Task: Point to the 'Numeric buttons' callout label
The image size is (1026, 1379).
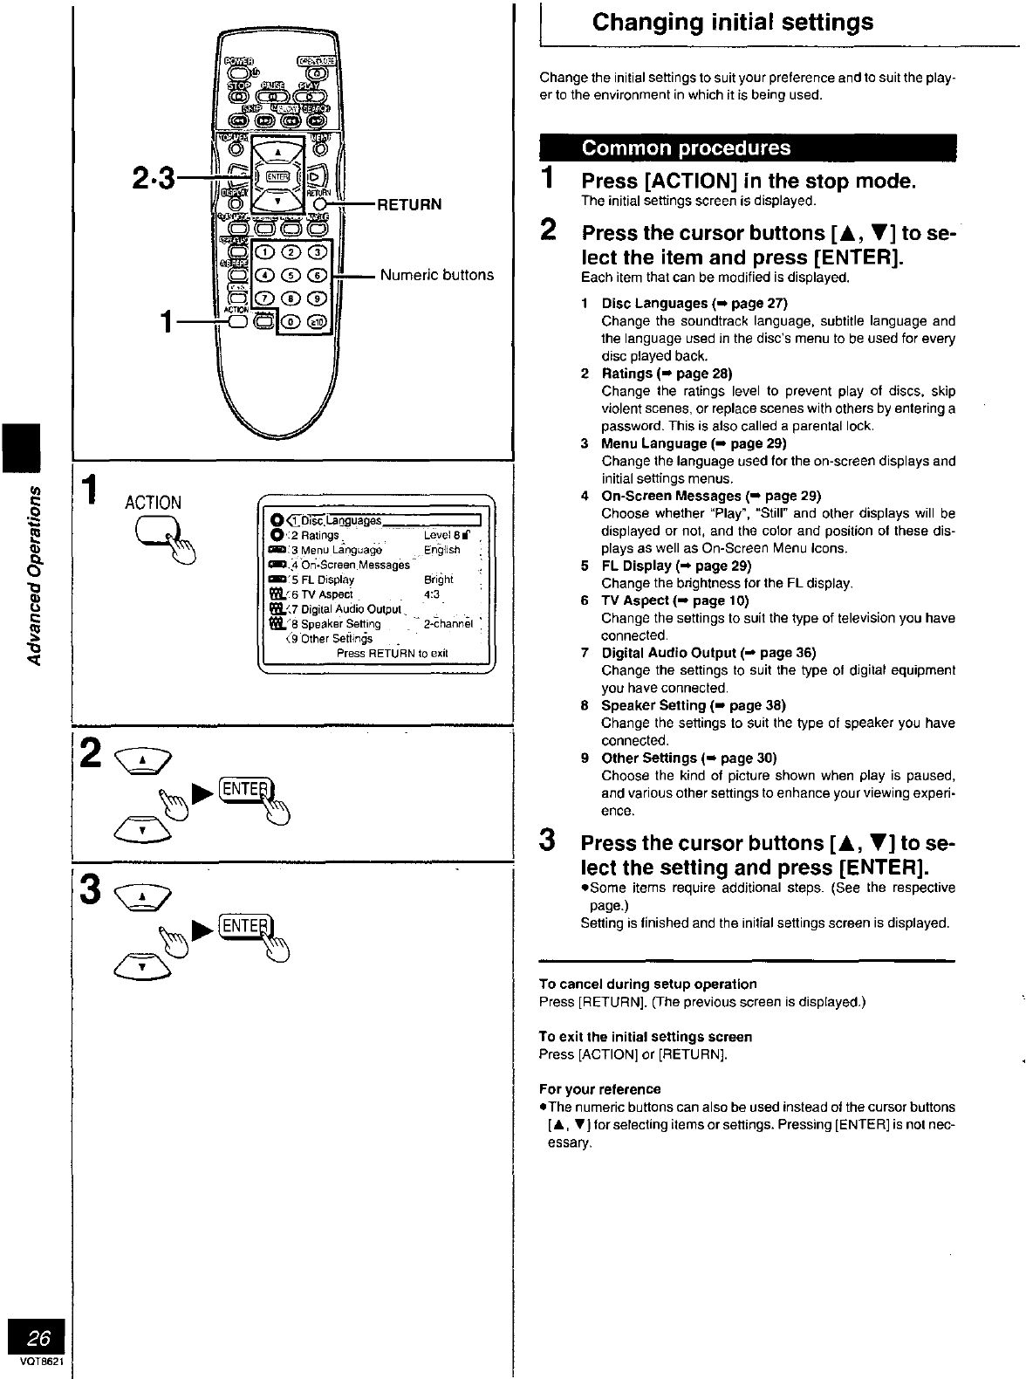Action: [x=436, y=275]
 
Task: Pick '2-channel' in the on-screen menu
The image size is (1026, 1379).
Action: [x=448, y=624]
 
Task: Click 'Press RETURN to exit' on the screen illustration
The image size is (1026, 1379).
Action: [x=392, y=653]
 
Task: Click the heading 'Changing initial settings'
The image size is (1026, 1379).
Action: [x=732, y=23]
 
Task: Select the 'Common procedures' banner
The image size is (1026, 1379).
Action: [x=686, y=148]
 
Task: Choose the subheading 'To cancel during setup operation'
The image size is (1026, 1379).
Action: [x=647, y=984]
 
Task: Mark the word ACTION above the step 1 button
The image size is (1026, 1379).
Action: [x=153, y=503]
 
